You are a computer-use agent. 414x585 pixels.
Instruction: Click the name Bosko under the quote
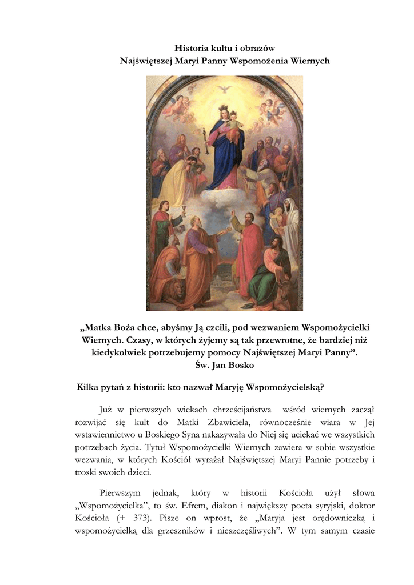click(x=238, y=364)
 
